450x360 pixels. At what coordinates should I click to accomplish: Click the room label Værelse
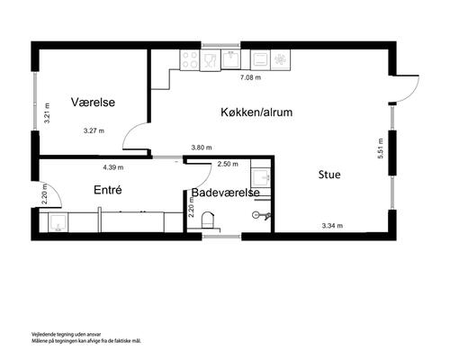click(93, 103)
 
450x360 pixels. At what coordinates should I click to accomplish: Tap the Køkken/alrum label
click(256, 112)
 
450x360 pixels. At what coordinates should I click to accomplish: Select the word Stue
click(329, 175)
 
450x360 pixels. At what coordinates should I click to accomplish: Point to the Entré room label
click(108, 190)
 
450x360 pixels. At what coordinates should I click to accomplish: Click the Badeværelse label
click(226, 193)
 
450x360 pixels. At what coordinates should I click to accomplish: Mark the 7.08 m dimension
click(250, 78)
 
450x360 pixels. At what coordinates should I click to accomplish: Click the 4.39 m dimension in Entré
click(113, 167)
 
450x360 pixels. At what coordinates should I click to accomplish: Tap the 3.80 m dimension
click(202, 148)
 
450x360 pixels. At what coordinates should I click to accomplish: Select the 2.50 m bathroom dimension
click(229, 164)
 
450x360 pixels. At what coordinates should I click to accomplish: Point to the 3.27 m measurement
click(93, 130)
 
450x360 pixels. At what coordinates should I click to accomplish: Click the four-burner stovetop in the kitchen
click(190, 60)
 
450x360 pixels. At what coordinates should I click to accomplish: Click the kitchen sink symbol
click(211, 60)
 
